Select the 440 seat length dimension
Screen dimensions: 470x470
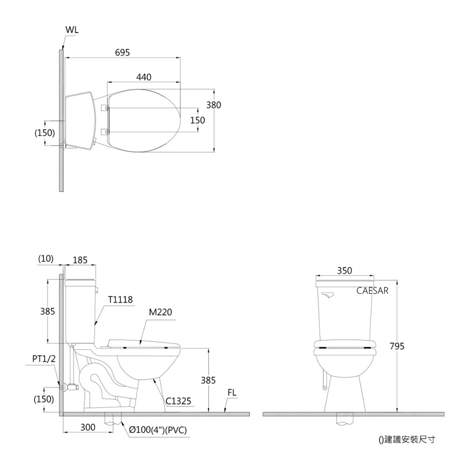coord(144,77)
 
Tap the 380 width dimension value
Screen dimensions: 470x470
coord(213,105)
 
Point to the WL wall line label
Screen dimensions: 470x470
coord(72,29)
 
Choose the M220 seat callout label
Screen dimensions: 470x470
coord(161,312)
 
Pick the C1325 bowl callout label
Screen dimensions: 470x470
coord(178,401)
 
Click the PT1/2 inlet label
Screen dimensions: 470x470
coord(44,359)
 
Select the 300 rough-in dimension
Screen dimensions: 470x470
coord(88,427)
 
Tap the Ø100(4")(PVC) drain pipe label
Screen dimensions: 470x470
coord(158,430)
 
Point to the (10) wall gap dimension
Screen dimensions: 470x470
coord(46,258)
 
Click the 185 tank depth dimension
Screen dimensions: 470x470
coord(80,259)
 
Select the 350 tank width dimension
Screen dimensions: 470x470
coord(345,271)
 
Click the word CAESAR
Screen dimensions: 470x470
coord(372,291)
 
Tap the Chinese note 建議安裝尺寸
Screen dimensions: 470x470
coord(407,440)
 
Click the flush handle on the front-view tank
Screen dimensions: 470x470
coord(328,295)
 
